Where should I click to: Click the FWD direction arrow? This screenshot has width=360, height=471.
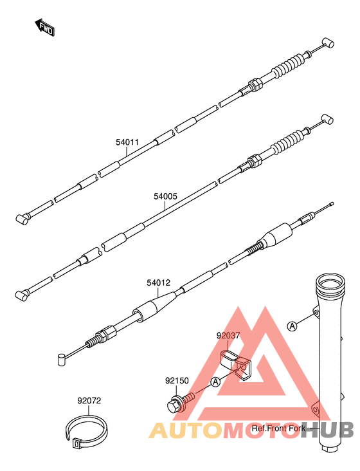(x=44, y=26)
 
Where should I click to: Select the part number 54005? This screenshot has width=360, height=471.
(x=165, y=198)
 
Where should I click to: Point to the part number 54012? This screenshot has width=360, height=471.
(x=158, y=282)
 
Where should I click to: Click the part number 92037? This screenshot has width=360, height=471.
(x=228, y=335)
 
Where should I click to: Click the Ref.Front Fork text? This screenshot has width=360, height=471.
(x=276, y=428)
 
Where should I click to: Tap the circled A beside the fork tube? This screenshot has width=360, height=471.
(x=292, y=326)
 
